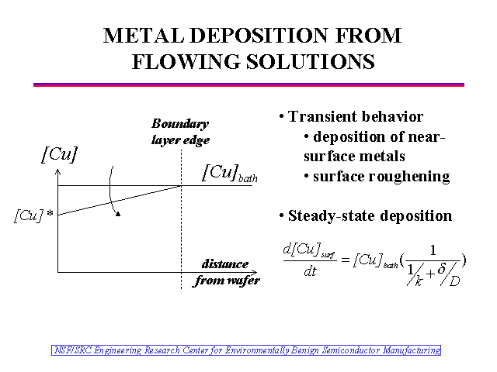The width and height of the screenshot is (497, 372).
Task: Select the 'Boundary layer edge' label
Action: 180,132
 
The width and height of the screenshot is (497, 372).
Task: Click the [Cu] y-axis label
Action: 58,155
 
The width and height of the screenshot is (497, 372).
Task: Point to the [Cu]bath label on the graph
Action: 229,173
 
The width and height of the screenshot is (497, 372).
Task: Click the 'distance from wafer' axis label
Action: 226,272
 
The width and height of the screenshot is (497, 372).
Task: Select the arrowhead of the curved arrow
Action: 117,215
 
